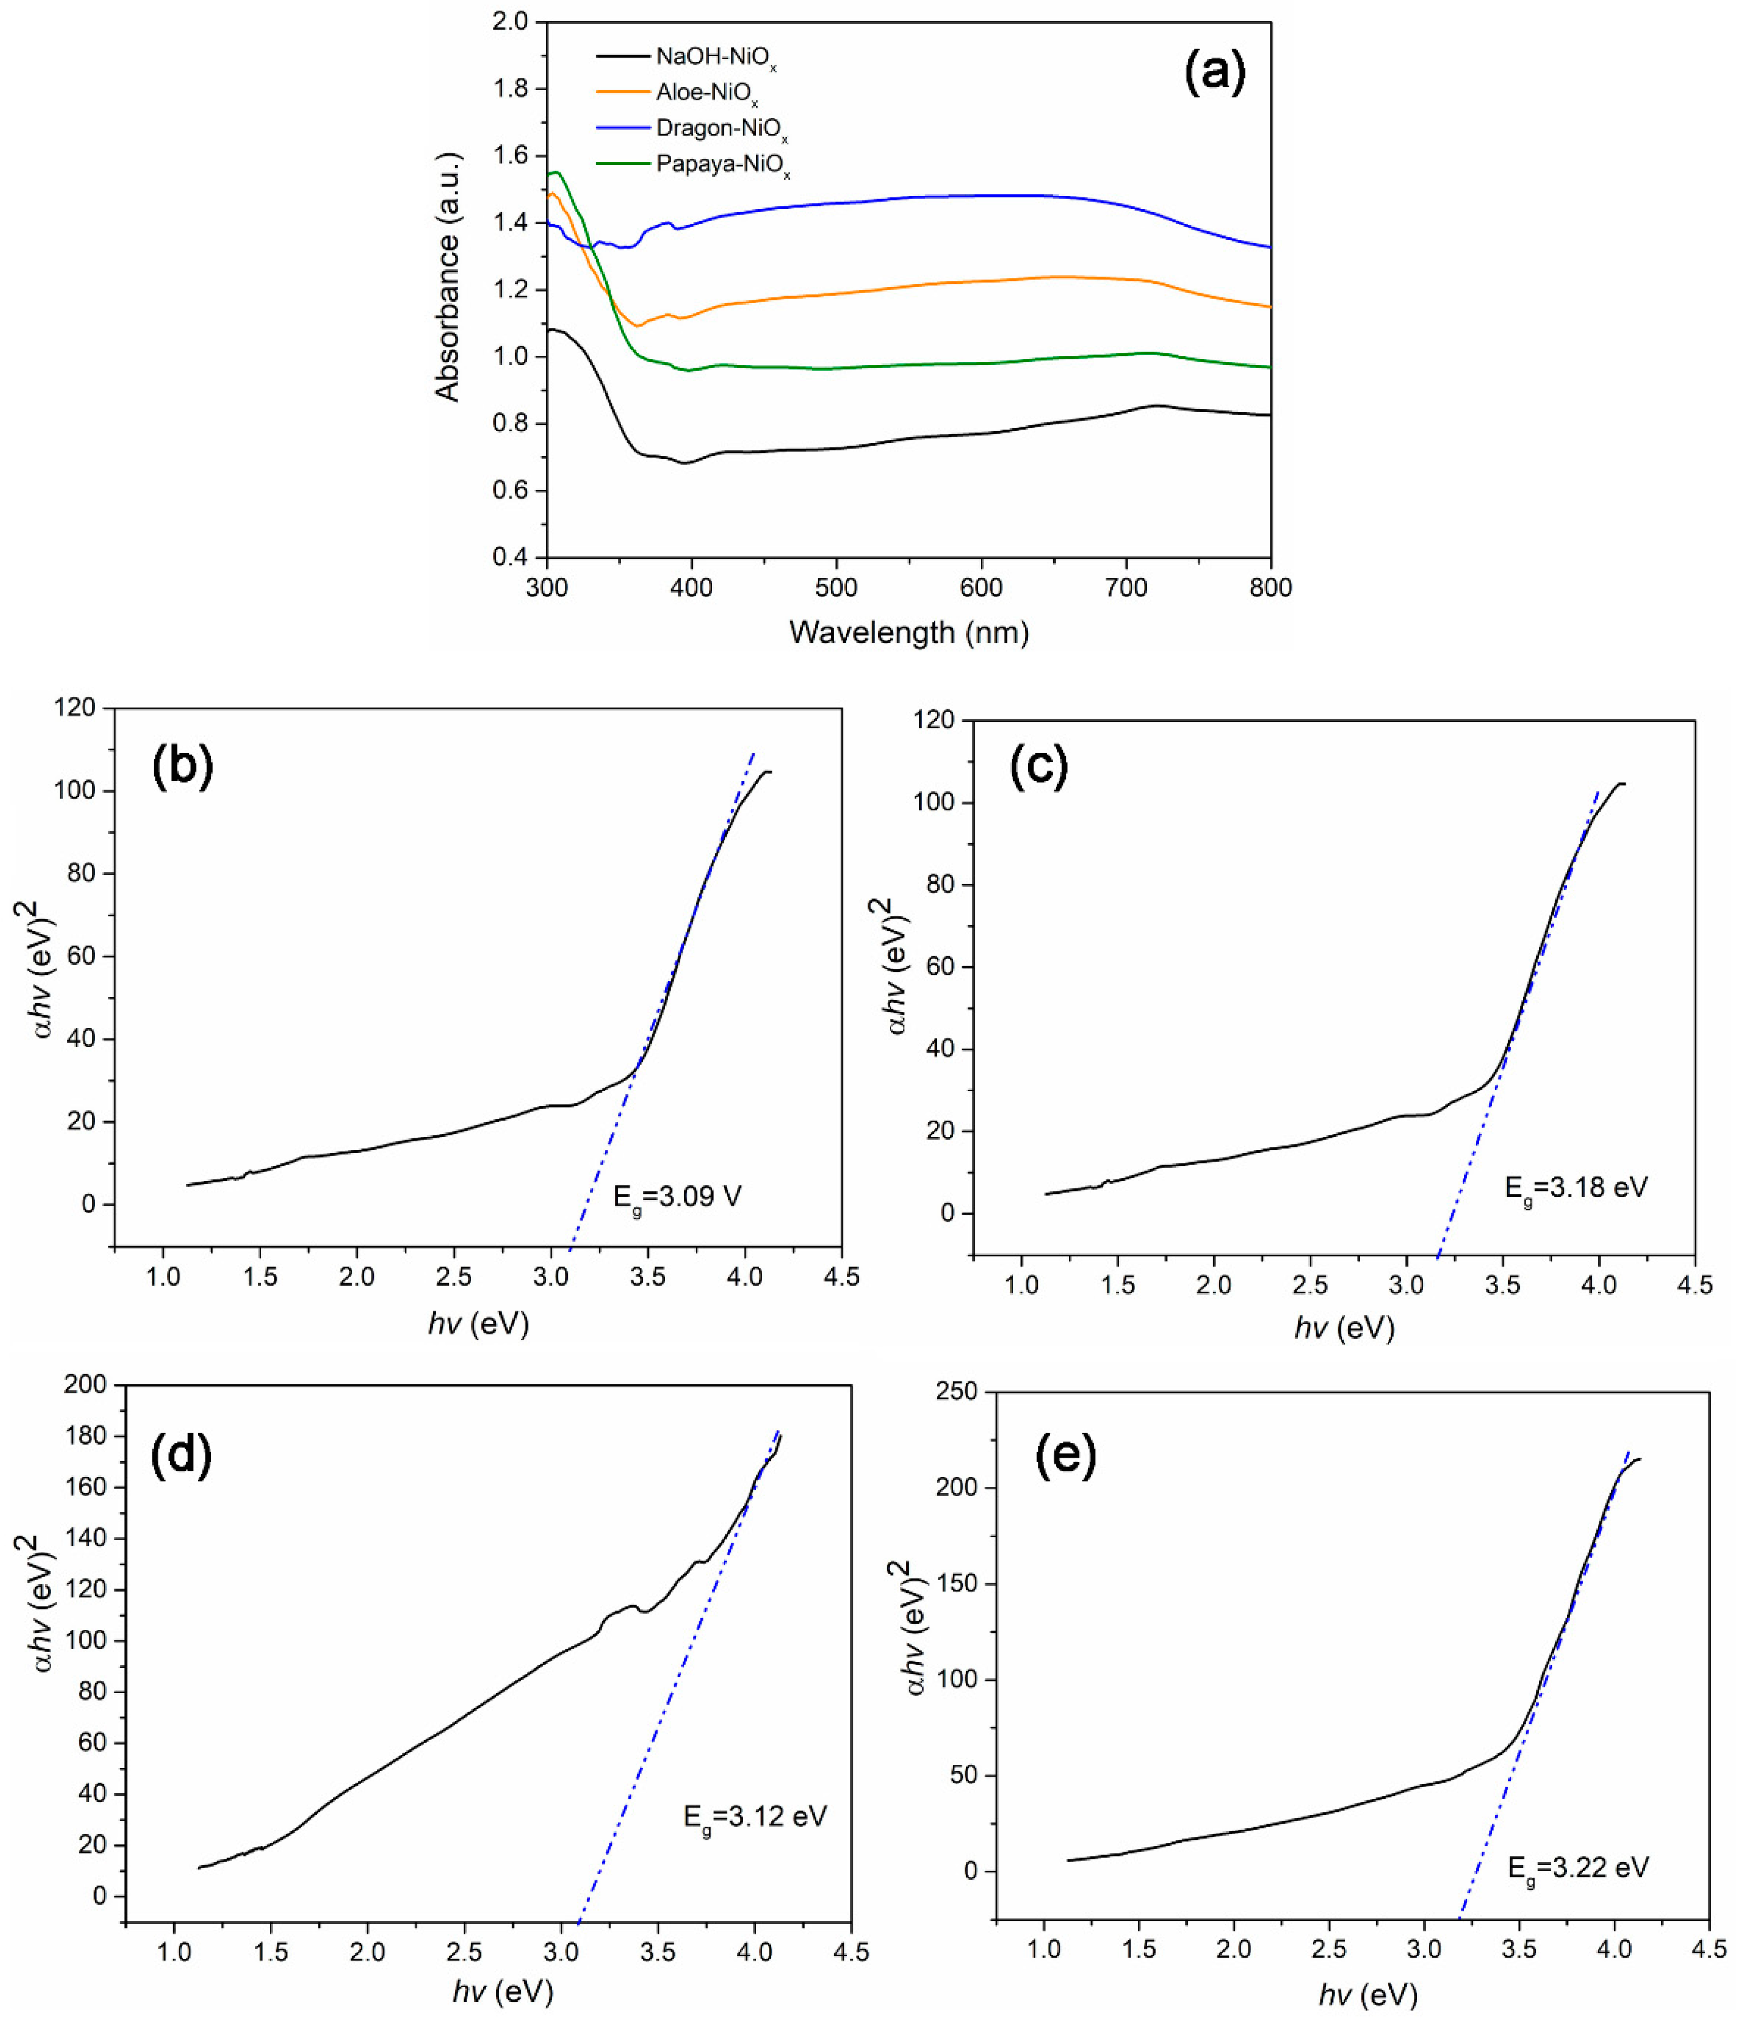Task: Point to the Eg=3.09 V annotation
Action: click(x=677, y=1197)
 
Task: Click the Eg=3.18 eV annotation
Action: click(x=1576, y=1188)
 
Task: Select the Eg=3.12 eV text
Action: click(x=754, y=1817)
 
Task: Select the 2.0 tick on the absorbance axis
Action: click(x=511, y=21)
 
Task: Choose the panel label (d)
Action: click(x=181, y=1456)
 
